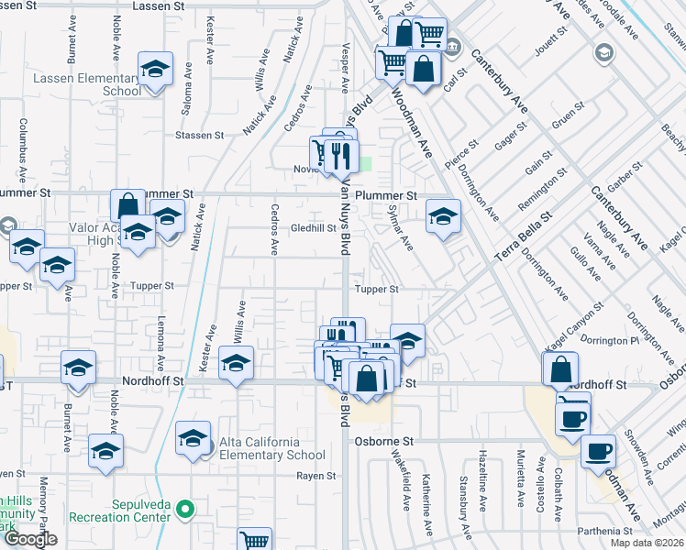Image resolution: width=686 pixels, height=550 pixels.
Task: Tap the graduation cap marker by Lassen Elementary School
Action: coord(156,69)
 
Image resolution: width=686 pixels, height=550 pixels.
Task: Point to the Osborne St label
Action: coord(384,441)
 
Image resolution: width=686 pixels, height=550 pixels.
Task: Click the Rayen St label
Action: coord(316,476)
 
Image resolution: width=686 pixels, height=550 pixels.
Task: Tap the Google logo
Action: coord(30,539)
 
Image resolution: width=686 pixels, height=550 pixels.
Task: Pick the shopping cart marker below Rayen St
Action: coord(255,542)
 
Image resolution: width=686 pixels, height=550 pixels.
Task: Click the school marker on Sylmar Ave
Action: coord(444,217)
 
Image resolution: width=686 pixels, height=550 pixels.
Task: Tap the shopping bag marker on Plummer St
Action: coord(127,206)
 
